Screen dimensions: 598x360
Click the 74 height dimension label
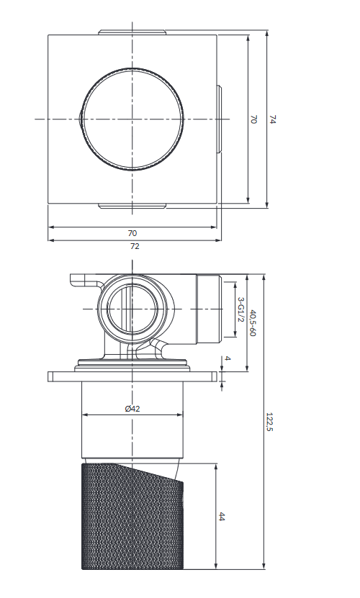click(x=272, y=119)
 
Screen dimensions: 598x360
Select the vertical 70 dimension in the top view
click(x=253, y=120)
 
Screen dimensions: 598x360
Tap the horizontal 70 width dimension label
click(x=132, y=233)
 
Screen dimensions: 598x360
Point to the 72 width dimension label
click(x=135, y=246)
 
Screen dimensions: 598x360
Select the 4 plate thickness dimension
click(x=228, y=358)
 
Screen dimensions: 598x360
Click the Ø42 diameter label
click(x=132, y=409)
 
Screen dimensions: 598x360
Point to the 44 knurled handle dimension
click(x=222, y=517)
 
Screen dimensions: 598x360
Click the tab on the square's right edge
click(x=219, y=119)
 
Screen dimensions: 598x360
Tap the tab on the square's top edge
click(x=132, y=32)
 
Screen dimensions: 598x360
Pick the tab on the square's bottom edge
click(x=132, y=207)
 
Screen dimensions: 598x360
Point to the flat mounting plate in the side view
click(x=132, y=376)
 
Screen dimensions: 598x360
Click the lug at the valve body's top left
click(x=82, y=279)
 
